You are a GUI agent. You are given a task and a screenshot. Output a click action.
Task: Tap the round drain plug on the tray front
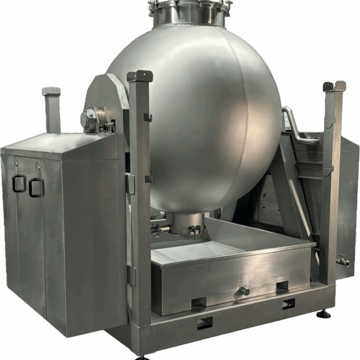click(x=244, y=290)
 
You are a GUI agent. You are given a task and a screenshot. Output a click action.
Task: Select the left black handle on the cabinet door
click(x=19, y=183)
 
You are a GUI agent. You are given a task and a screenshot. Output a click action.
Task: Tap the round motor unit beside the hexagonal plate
click(x=89, y=118)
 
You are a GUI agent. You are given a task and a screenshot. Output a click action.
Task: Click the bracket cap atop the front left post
click(x=140, y=76)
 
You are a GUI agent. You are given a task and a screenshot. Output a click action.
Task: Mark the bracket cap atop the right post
click(x=334, y=86)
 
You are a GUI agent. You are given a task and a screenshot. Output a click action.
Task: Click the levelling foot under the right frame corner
click(x=323, y=314)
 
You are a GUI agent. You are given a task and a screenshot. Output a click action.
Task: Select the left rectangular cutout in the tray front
click(x=198, y=302)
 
